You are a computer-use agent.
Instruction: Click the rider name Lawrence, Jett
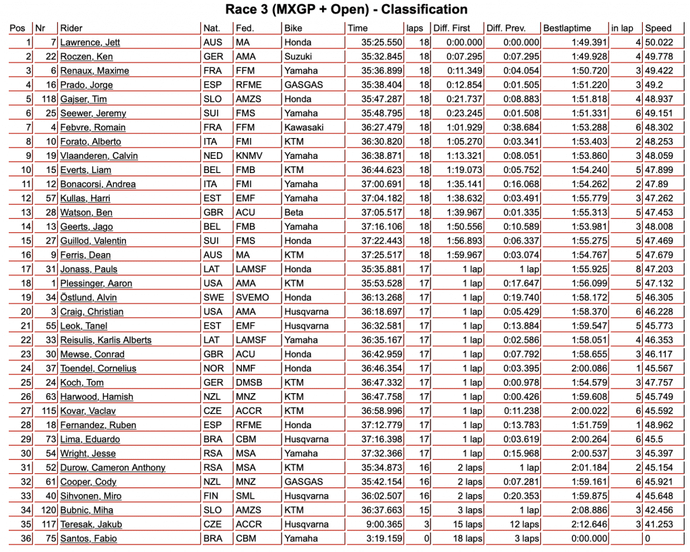tap(90, 42)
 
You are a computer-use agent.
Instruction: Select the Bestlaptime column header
tap(567, 28)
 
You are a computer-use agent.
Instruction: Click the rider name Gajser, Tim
tap(84, 99)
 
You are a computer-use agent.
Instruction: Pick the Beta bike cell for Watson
tap(294, 212)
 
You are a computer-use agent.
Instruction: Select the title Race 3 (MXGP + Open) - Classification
tap(345, 9)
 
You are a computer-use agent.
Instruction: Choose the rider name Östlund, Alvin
tap(88, 298)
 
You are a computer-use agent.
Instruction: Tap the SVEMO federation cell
tap(252, 298)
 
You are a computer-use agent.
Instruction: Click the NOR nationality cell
tap(213, 368)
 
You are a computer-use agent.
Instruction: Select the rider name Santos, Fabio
tap(88, 539)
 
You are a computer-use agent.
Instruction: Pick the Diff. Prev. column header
tap(505, 28)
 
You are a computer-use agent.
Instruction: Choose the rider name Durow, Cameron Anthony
tap(113, 468)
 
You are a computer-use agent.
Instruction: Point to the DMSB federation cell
tap(250, 382)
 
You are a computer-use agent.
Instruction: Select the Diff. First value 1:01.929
tap(465, 127)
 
